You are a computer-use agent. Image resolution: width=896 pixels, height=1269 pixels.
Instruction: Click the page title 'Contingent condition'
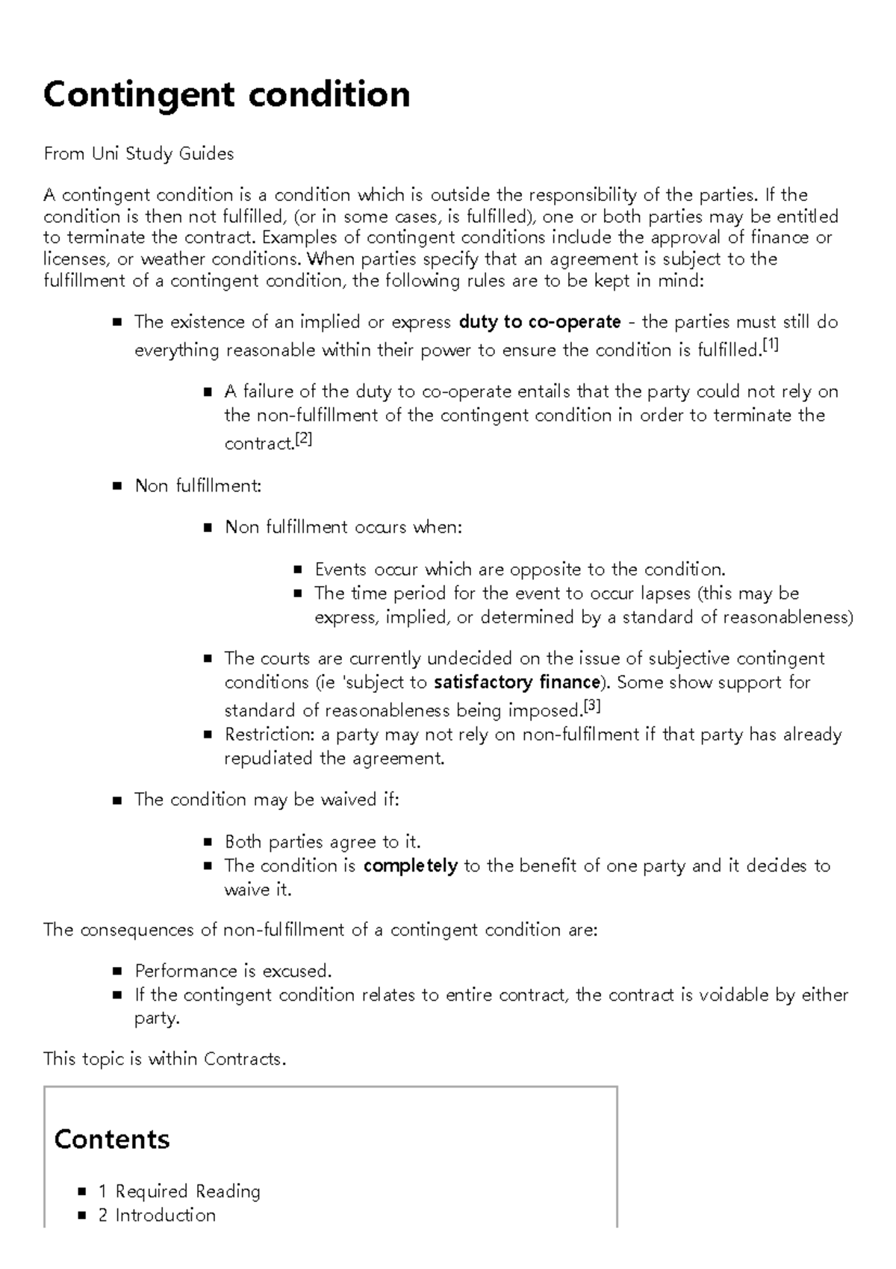(226, 95)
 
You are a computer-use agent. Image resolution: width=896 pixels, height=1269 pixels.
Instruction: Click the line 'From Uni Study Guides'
(138, 154)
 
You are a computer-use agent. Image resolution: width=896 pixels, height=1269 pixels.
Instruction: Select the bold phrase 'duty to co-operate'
(540, 322)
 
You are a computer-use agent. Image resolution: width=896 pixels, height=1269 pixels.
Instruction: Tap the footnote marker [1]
(770, 345)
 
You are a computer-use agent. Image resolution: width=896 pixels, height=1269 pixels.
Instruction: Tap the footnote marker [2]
(303, 439)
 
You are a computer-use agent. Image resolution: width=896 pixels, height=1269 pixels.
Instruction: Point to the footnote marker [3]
(591, 705)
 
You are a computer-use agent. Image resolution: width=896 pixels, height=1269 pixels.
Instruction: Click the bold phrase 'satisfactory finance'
(517, 682)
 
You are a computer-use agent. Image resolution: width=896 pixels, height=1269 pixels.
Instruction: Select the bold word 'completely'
(410, 866)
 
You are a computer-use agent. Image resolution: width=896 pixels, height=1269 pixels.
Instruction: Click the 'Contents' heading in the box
(112, 1139)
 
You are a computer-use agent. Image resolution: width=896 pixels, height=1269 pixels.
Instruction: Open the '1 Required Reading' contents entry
(179, 1191)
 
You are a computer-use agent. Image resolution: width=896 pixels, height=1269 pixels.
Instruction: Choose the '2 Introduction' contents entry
(157, 1215)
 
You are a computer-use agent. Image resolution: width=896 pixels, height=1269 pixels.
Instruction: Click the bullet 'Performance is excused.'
(233, 972)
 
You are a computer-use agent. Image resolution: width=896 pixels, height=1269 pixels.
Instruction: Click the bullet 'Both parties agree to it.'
(323, 842)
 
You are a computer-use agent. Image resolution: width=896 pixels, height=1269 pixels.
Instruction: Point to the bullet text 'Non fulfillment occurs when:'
(343, 528)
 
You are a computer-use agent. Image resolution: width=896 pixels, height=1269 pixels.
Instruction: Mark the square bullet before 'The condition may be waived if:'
(116, 800)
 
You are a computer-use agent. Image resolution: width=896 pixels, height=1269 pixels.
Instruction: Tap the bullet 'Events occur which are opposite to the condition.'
(520, 569)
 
